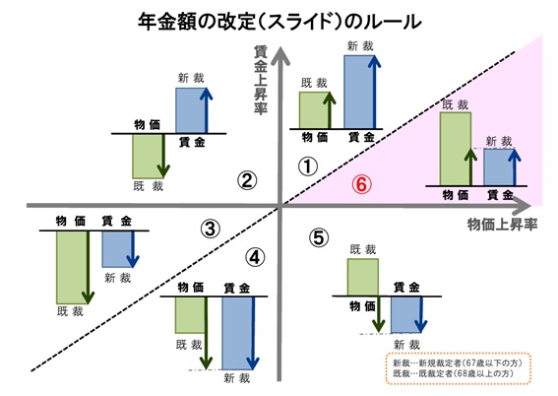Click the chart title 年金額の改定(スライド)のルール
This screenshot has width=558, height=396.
279,22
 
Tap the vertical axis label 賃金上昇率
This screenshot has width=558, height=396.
261,80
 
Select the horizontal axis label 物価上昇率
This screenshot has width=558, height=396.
502,225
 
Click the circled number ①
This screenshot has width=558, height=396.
308,166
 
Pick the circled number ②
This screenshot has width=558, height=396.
247,180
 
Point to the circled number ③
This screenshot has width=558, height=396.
211,229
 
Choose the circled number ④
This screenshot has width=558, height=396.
255,257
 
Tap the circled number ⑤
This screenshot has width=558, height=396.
319,237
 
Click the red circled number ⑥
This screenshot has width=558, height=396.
361,184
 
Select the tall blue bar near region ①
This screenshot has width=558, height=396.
359,92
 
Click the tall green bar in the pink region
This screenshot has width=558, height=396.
456,149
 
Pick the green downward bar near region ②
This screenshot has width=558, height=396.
148,156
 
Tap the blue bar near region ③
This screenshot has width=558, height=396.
118,249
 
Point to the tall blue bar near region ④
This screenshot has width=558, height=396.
238,333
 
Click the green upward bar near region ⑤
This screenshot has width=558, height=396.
362,278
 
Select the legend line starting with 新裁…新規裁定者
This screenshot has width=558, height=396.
458,363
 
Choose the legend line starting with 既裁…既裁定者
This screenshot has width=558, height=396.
453,373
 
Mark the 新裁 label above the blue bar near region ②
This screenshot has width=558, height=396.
191,78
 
